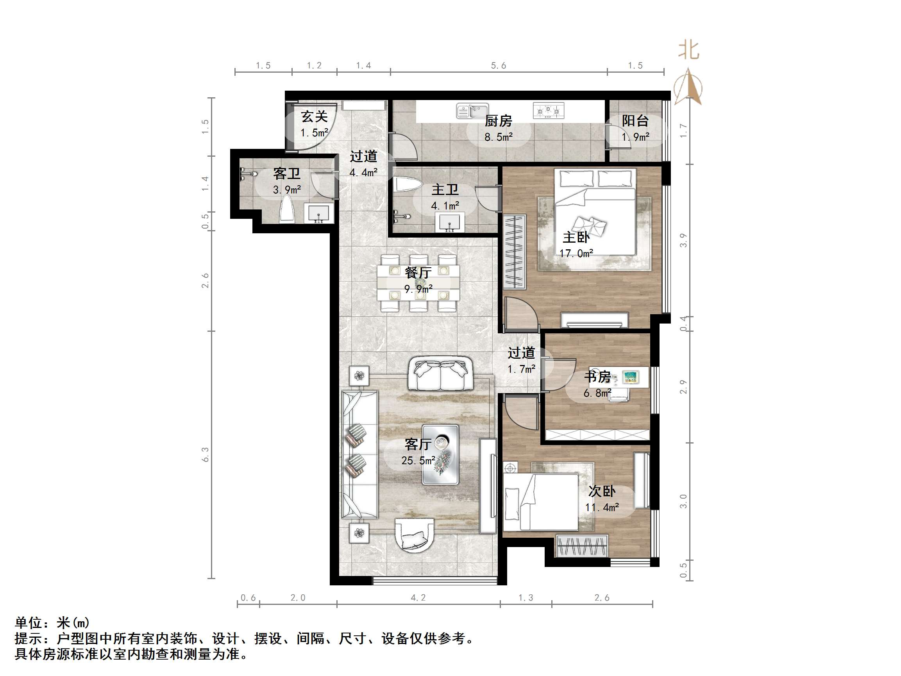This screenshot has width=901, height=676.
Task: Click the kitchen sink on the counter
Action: (472, 111)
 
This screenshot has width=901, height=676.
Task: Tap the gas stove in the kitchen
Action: (548, 111)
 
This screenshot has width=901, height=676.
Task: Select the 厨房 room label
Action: (498, 121)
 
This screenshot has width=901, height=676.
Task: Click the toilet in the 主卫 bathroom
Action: (408, 184)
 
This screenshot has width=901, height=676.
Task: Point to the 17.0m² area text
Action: (576, 254)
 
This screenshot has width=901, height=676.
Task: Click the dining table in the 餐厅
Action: (418, 283)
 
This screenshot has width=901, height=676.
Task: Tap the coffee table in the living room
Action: (440, 454)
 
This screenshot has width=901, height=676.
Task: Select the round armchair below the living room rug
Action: (414, 535)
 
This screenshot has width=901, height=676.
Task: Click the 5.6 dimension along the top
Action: (498, 66)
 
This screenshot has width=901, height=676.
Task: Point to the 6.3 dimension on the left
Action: (205, 454)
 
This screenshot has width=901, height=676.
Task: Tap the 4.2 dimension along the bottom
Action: (418, 598)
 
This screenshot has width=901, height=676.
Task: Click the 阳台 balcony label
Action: (635, 121)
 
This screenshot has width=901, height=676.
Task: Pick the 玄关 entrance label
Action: (315, 117)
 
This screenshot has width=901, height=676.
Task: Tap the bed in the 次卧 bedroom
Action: (541, 502)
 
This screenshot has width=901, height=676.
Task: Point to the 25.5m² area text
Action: (418, 461)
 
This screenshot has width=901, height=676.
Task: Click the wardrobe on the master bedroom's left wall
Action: (515, 252)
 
